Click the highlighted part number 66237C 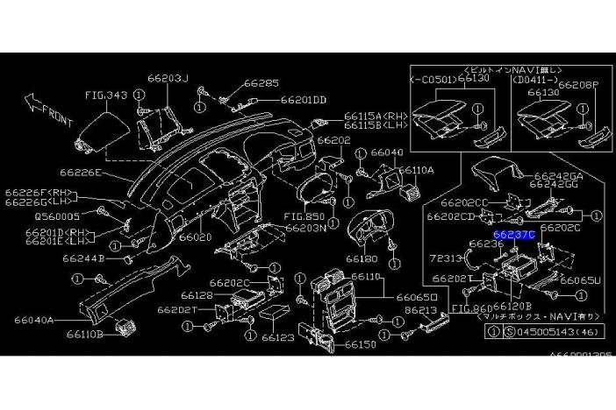[513, 236]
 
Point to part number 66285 [261, 84]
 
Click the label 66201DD [304, 100]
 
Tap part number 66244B [82, 259]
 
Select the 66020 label [195, 237]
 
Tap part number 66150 [360, 344]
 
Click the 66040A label [35, 321]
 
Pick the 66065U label [580, 280]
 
